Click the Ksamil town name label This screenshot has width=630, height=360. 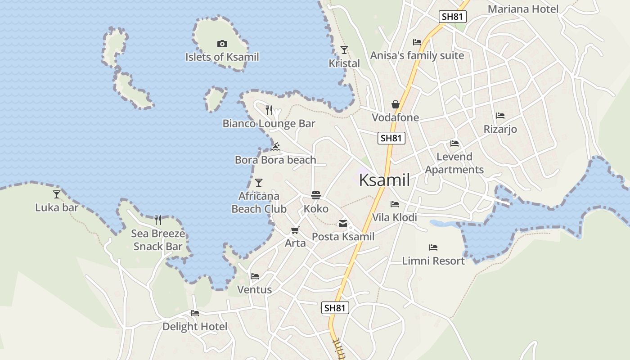click(x=384, y=180)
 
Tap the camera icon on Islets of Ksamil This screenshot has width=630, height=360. click(x=222, y=44)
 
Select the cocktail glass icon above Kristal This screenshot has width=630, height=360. click(x=344, y=49)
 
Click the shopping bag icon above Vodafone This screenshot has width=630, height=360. click(x=395, y=104)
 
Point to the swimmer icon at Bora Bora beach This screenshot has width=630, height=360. click(x=276, y=147)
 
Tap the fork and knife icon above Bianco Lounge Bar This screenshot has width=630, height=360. click(x=269, y=110)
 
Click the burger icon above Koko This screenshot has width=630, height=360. click(x=316, y=195)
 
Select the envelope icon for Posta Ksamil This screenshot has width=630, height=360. click(x=343, y=223)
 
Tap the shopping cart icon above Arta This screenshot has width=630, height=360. click(x=295, y=230)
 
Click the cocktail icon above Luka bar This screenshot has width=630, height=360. click(x=57, y=194)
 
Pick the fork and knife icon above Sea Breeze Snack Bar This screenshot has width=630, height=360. click(x=158, y=220)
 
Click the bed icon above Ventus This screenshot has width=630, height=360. click(x=255, y=276)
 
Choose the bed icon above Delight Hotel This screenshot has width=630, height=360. click(x=195, y=313)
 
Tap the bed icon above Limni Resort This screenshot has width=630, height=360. click(x=433, y=247)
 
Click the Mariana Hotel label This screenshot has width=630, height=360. click(x=523, y=9)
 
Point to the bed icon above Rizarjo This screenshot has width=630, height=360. click(x=500, y=116)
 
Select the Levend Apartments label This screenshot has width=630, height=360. click(x=454, y=163)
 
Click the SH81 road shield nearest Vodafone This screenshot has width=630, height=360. click(x=391, y=138)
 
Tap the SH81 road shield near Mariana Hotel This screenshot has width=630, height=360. click(x=453, y=17)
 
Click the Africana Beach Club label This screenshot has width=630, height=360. click(x=259, y=202)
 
